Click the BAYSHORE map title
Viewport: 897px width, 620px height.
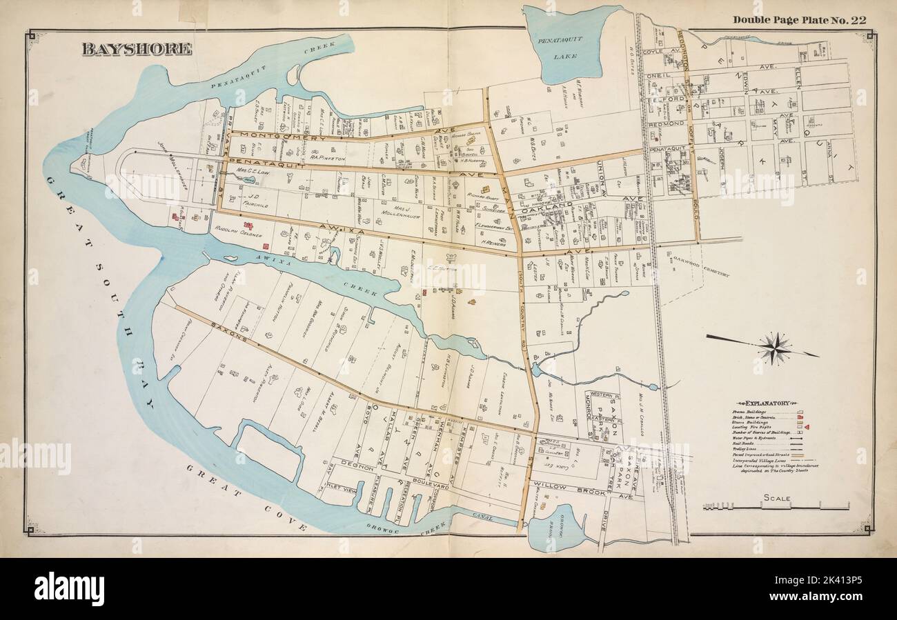pos(136,50)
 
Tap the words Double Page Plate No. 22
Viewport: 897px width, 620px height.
pos(799,19)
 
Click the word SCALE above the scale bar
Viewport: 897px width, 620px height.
pos(777,497)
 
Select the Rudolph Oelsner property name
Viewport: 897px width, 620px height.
pos(237,231)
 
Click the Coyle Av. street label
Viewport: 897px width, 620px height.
pos(656,52)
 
